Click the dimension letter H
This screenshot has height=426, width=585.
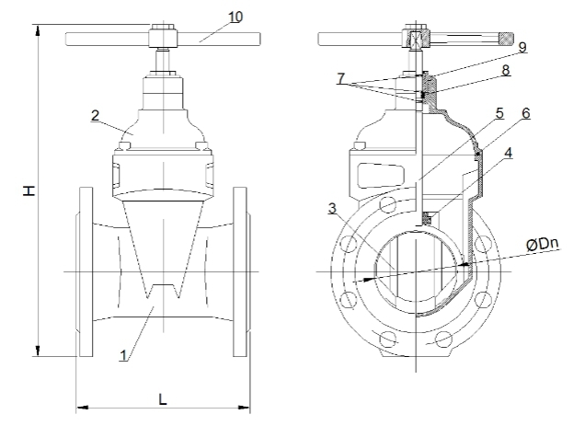click(x=29, y=190)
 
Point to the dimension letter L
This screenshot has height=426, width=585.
click(x=162, y=399)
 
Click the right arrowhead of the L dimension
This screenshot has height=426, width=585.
click(x=246, y=405)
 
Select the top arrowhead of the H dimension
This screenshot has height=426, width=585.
click(x=38, y=28)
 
